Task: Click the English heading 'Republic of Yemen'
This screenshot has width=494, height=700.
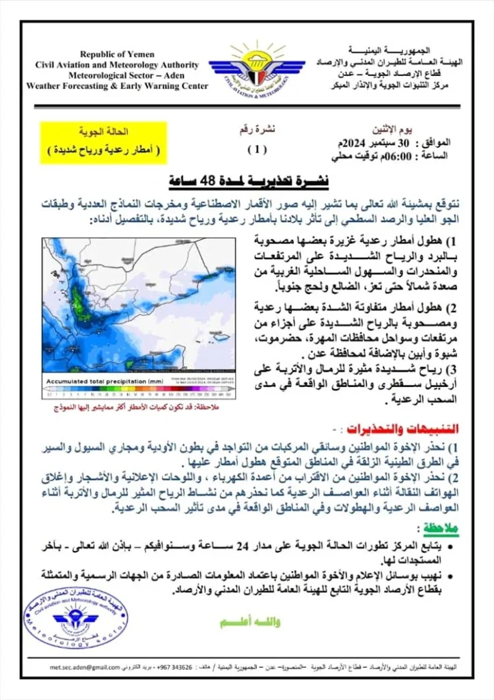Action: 117,54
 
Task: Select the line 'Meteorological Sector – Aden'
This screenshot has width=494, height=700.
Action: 117,76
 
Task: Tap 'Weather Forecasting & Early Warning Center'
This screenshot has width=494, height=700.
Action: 117,87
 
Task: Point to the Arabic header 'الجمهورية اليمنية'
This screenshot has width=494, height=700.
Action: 388,51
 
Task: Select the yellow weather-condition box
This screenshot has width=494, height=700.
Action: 103,142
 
